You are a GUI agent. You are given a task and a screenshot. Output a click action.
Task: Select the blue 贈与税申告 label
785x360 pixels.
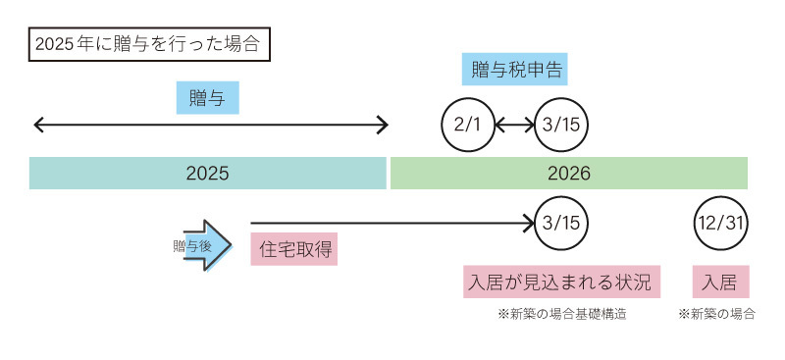point(514,70)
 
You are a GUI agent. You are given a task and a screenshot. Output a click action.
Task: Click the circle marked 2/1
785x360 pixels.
point(466,125)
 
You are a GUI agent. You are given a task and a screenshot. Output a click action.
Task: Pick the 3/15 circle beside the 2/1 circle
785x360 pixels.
point(560,125)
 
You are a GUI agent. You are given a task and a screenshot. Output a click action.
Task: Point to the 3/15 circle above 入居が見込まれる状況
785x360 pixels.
point(560,222)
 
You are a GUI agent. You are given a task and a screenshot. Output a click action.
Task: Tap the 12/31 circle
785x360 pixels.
point(719,222)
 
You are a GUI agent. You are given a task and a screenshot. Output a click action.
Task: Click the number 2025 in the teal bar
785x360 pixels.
point(207,174)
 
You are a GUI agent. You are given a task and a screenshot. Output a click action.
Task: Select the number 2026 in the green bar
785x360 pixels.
point(569,174)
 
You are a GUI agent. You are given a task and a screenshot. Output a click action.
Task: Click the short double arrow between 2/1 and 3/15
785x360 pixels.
point(513,125)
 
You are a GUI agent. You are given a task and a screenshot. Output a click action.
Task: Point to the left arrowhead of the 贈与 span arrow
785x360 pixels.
point(38,125)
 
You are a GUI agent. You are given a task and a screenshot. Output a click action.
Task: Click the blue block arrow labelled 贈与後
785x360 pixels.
point(208,246)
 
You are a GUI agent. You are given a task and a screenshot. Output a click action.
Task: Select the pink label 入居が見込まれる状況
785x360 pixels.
point(559,282)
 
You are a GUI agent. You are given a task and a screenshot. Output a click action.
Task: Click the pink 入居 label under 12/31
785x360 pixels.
point(719,282)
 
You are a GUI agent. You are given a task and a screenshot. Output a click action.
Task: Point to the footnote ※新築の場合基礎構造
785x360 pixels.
point(562,315)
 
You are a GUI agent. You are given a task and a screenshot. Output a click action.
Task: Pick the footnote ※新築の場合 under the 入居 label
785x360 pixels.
point(717,315)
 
